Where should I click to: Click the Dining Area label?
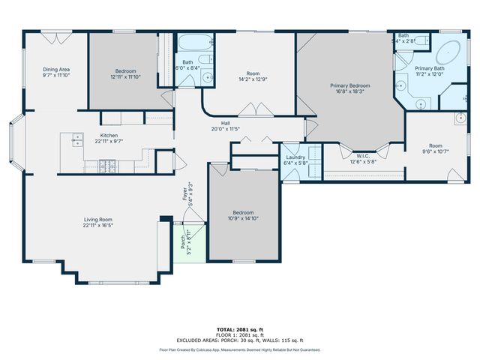click(x=56, y=70)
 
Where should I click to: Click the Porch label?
click(x=181, y=241)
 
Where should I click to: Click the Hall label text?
click(x=225, y=123)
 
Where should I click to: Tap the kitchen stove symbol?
click(x=108, y=163)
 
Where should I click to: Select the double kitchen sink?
click(x=76, y=138)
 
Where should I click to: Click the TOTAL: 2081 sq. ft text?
click(x=239, y=329)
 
